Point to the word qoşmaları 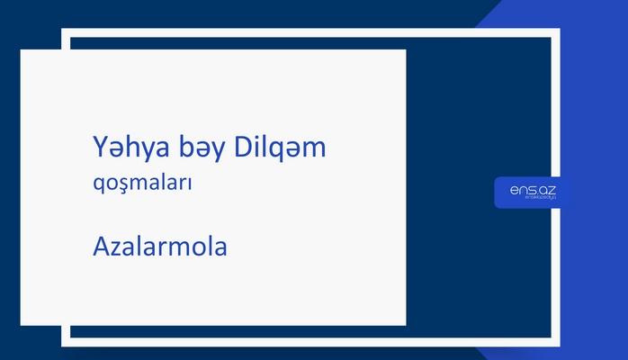[144, 184]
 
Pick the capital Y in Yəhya [100, 147]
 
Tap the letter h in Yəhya [132, 147]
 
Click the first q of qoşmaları [99, 185]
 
